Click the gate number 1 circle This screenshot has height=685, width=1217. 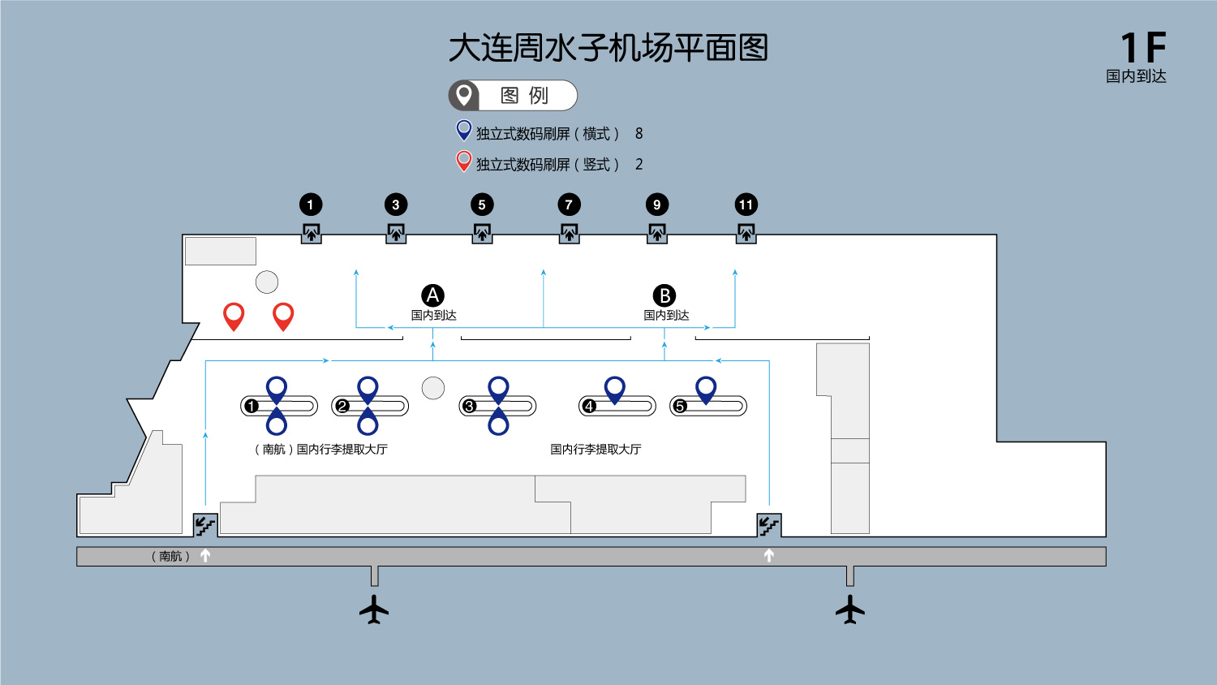(x=311, y=205)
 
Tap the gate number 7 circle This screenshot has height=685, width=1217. (x=569, y=205)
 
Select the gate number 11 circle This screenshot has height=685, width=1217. (x=746, y=205)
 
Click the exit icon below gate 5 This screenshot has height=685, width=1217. (x=482, y=234)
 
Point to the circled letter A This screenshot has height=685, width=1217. (x=432, y=295)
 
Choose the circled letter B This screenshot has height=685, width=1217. (x=664, y=295)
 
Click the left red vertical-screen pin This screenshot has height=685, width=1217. (x=234, y=315)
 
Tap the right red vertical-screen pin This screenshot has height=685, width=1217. (x=283, y=315)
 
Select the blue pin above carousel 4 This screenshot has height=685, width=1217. (x=615, y=389)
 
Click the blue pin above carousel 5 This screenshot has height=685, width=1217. (x=706, y=389)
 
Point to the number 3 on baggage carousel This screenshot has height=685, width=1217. (x=469, y=406)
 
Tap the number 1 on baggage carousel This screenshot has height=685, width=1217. (x=252, y=406)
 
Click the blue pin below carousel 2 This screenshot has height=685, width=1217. (x=368, y=422)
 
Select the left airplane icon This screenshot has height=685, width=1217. (x=374, y=609)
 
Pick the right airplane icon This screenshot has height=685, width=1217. (x=850, y=609)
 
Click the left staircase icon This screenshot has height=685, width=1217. (x=204, y=525)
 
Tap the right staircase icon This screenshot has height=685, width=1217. (x=768, y=525)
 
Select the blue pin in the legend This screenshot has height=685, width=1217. (x=464, y=130)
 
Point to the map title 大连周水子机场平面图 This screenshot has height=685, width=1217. (x=608, y=48)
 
